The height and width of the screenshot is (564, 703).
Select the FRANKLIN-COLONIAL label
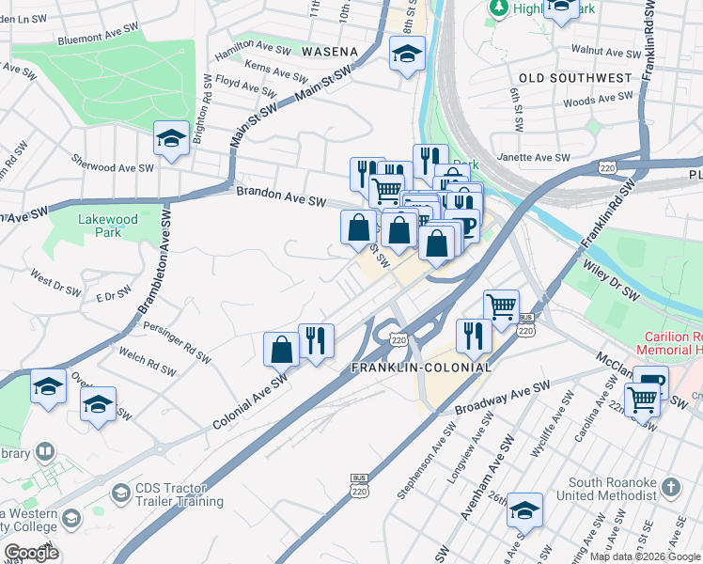pos(421,367)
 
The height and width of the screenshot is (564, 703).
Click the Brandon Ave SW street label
pos(280,197)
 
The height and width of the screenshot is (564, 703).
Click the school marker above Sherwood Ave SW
pos(172,139)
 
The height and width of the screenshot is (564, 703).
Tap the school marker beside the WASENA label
pos(407,55)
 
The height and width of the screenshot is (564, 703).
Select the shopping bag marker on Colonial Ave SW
pos(281,349)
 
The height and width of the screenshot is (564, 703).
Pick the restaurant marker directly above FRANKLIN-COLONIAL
pos(472,334)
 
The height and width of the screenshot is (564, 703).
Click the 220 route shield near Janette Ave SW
pos(604,167)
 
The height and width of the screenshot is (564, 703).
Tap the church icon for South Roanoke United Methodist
pos(669,487)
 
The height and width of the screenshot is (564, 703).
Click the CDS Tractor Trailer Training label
pos(174,493)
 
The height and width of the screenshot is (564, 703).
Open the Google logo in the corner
pos(31,553)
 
